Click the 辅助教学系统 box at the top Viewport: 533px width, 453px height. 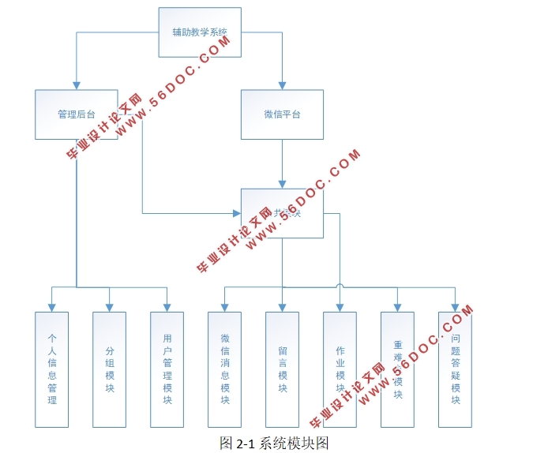[200, 32]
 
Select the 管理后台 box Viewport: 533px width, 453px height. [77, 114]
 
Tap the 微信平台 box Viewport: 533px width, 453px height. [282, 114]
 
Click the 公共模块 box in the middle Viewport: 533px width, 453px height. [282, 213]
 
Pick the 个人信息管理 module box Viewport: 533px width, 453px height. [52, 369]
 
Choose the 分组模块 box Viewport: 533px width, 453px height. [109, 369]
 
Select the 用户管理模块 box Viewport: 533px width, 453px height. [167, 369]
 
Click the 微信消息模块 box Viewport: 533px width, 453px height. [225, 369]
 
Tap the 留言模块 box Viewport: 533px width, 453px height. [282, 369]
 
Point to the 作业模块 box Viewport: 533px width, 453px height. [340, 369]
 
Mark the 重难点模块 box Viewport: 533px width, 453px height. [397, 369]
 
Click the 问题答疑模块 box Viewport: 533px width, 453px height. [456, 369]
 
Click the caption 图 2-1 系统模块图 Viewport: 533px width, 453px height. [273, 442]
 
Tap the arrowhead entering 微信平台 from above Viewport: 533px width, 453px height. [282, 85]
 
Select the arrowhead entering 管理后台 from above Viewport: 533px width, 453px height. [77, 85]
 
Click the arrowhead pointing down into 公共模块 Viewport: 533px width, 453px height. [282, 184]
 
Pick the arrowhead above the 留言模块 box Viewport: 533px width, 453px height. [282, 307]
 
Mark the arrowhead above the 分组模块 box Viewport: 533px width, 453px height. [109, 307]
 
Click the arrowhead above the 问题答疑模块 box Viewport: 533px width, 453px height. [456, 307]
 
